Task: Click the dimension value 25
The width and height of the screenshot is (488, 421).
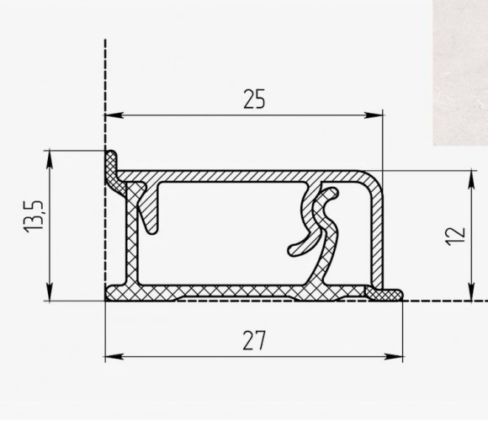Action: point(254,99)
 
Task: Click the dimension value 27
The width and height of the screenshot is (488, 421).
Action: point(254,341)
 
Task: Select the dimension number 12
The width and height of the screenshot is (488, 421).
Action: point(456,236)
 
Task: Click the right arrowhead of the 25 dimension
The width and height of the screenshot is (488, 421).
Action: point(374,115)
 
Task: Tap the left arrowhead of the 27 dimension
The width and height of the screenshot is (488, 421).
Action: point(114,356)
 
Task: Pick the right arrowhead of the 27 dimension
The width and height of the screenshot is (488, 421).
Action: point(394,356)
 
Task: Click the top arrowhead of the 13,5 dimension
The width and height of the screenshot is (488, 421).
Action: point(50,160)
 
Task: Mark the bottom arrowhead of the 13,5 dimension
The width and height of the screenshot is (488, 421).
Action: point(50,292)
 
